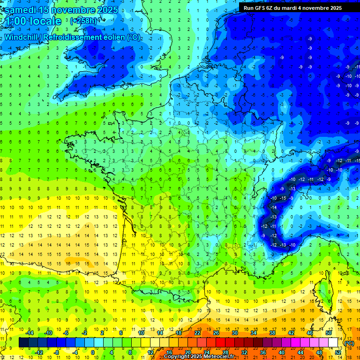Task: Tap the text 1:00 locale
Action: coord(33,21)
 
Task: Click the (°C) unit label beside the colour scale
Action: coord(349,343)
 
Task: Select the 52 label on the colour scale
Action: coord(338,352)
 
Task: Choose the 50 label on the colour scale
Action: coord(329,333)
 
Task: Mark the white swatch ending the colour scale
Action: coord(333,343)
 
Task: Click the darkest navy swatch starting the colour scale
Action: coord(23,343)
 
